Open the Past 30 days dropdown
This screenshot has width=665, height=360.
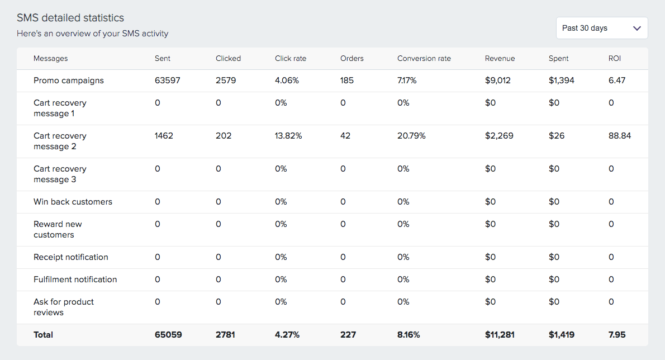coord(602,28)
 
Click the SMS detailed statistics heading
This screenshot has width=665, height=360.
coord(70,18)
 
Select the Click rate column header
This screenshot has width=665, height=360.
coord(291,58)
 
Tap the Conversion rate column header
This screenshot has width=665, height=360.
coord(424,58)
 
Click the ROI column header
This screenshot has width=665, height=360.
coord(614,58)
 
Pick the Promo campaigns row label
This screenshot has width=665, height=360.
coord(69,80)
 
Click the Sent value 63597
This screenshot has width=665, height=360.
coord(168,80)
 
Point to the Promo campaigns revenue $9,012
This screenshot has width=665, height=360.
coord(498,80)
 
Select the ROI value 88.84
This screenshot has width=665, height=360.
coord(619,136)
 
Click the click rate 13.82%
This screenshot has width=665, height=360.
coord(288,136)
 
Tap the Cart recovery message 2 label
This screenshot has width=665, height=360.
coord(60,141)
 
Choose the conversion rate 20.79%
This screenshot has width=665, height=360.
coord(411,136)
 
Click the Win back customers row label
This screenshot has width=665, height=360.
coord(73,202)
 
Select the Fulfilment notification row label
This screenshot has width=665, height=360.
coord(75,280)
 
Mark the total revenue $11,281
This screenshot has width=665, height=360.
coord(500,335)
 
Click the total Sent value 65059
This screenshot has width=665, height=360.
coord(168,335)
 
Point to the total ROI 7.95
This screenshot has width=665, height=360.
coord(617,335)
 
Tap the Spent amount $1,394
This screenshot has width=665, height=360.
coord(562,80)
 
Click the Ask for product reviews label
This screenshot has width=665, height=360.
coord(64,307)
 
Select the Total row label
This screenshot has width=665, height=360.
coord(44,335)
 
